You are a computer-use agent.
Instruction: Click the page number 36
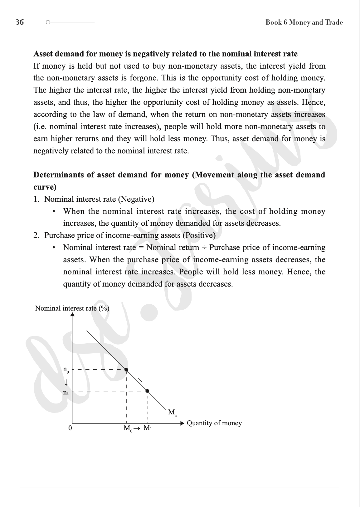tap(20, 22)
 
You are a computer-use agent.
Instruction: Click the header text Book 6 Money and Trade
tap(304, 22)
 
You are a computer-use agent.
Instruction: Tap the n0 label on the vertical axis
tap(66, 370)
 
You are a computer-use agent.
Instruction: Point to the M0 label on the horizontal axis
tap(128, 428)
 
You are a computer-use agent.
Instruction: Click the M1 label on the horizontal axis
tap(148, 428)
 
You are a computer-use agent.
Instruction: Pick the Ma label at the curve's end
tap(172, 413)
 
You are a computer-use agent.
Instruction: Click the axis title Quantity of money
tap(214, 423)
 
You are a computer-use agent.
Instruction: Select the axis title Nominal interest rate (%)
tap(72, 308)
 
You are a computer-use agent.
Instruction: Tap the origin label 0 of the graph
tap(70, 428)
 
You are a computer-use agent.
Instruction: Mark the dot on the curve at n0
tap(126, 370)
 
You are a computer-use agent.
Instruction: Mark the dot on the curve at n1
tap(148, 391)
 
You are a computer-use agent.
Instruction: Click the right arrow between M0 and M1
tap(137, 428)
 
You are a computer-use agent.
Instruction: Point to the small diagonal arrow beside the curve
tap(140, 380)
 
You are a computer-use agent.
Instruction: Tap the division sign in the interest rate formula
tap(204, 248)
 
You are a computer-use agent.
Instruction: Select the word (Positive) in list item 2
tap(199, 235)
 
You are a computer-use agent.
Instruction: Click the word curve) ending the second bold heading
tap(45, 187)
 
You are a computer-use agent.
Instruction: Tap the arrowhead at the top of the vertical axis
tap(73, 314)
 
